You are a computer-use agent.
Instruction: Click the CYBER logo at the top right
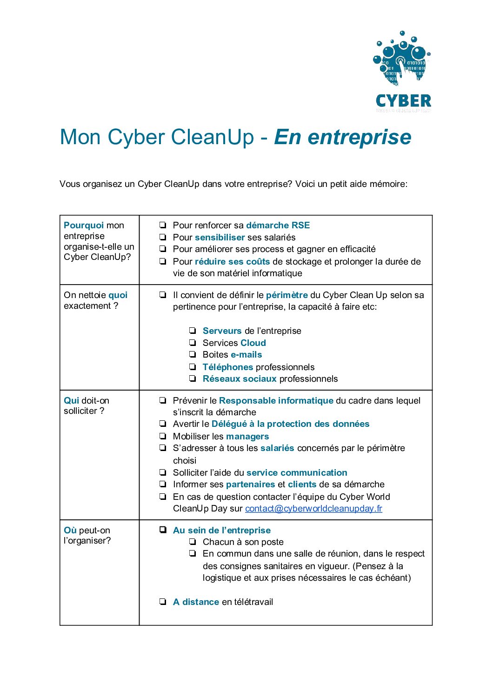pyautogui.click(x=403, y=72)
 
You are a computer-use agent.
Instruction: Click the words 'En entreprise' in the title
pyautogui.click(x=343, y=137)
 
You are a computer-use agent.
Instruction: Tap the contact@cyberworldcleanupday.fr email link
pyautogui.click(x=313, y=509)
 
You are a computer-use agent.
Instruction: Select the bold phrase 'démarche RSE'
pyautogui.click(x=278, y=226)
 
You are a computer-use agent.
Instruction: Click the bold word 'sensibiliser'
pyautogui.click(x=220, y=238)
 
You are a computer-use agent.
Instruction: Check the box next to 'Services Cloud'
pyautogui.click(x=193, y=343)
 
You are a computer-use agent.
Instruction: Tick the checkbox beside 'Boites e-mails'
pyautogui.click(x=193, y=355)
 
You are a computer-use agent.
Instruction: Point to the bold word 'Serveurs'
pyautogui.click(x=222, y=331)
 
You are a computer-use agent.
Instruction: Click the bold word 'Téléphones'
pyautogui.click(x=227, y=367)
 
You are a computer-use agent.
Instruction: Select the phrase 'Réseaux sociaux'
pyautogui.click(x=240, y=379)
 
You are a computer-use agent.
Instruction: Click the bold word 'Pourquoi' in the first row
pyautogui.click(x=84, y=226)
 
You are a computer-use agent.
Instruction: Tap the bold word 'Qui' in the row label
pyautogui.click(x=71, y=401)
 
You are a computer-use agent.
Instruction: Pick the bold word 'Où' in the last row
pyautogui.click(x=70, y=531)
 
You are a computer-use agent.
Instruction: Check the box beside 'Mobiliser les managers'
pyautogui.click(x=163, y=436)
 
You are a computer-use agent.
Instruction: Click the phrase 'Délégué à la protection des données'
pyautogui.click(x=290, y=424)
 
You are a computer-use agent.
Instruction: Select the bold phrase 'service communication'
pyautogui.click(x=297, y=473)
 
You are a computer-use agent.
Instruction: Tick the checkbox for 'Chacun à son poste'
pyautogui.click(x=193, y=542)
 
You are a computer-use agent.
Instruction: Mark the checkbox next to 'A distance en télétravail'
pyautogui.click(x=163, y=602)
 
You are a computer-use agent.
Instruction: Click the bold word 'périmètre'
pyautogui.click(x=286, y=295)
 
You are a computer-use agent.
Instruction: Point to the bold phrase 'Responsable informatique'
pyautogui.click(x=276, y=401)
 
